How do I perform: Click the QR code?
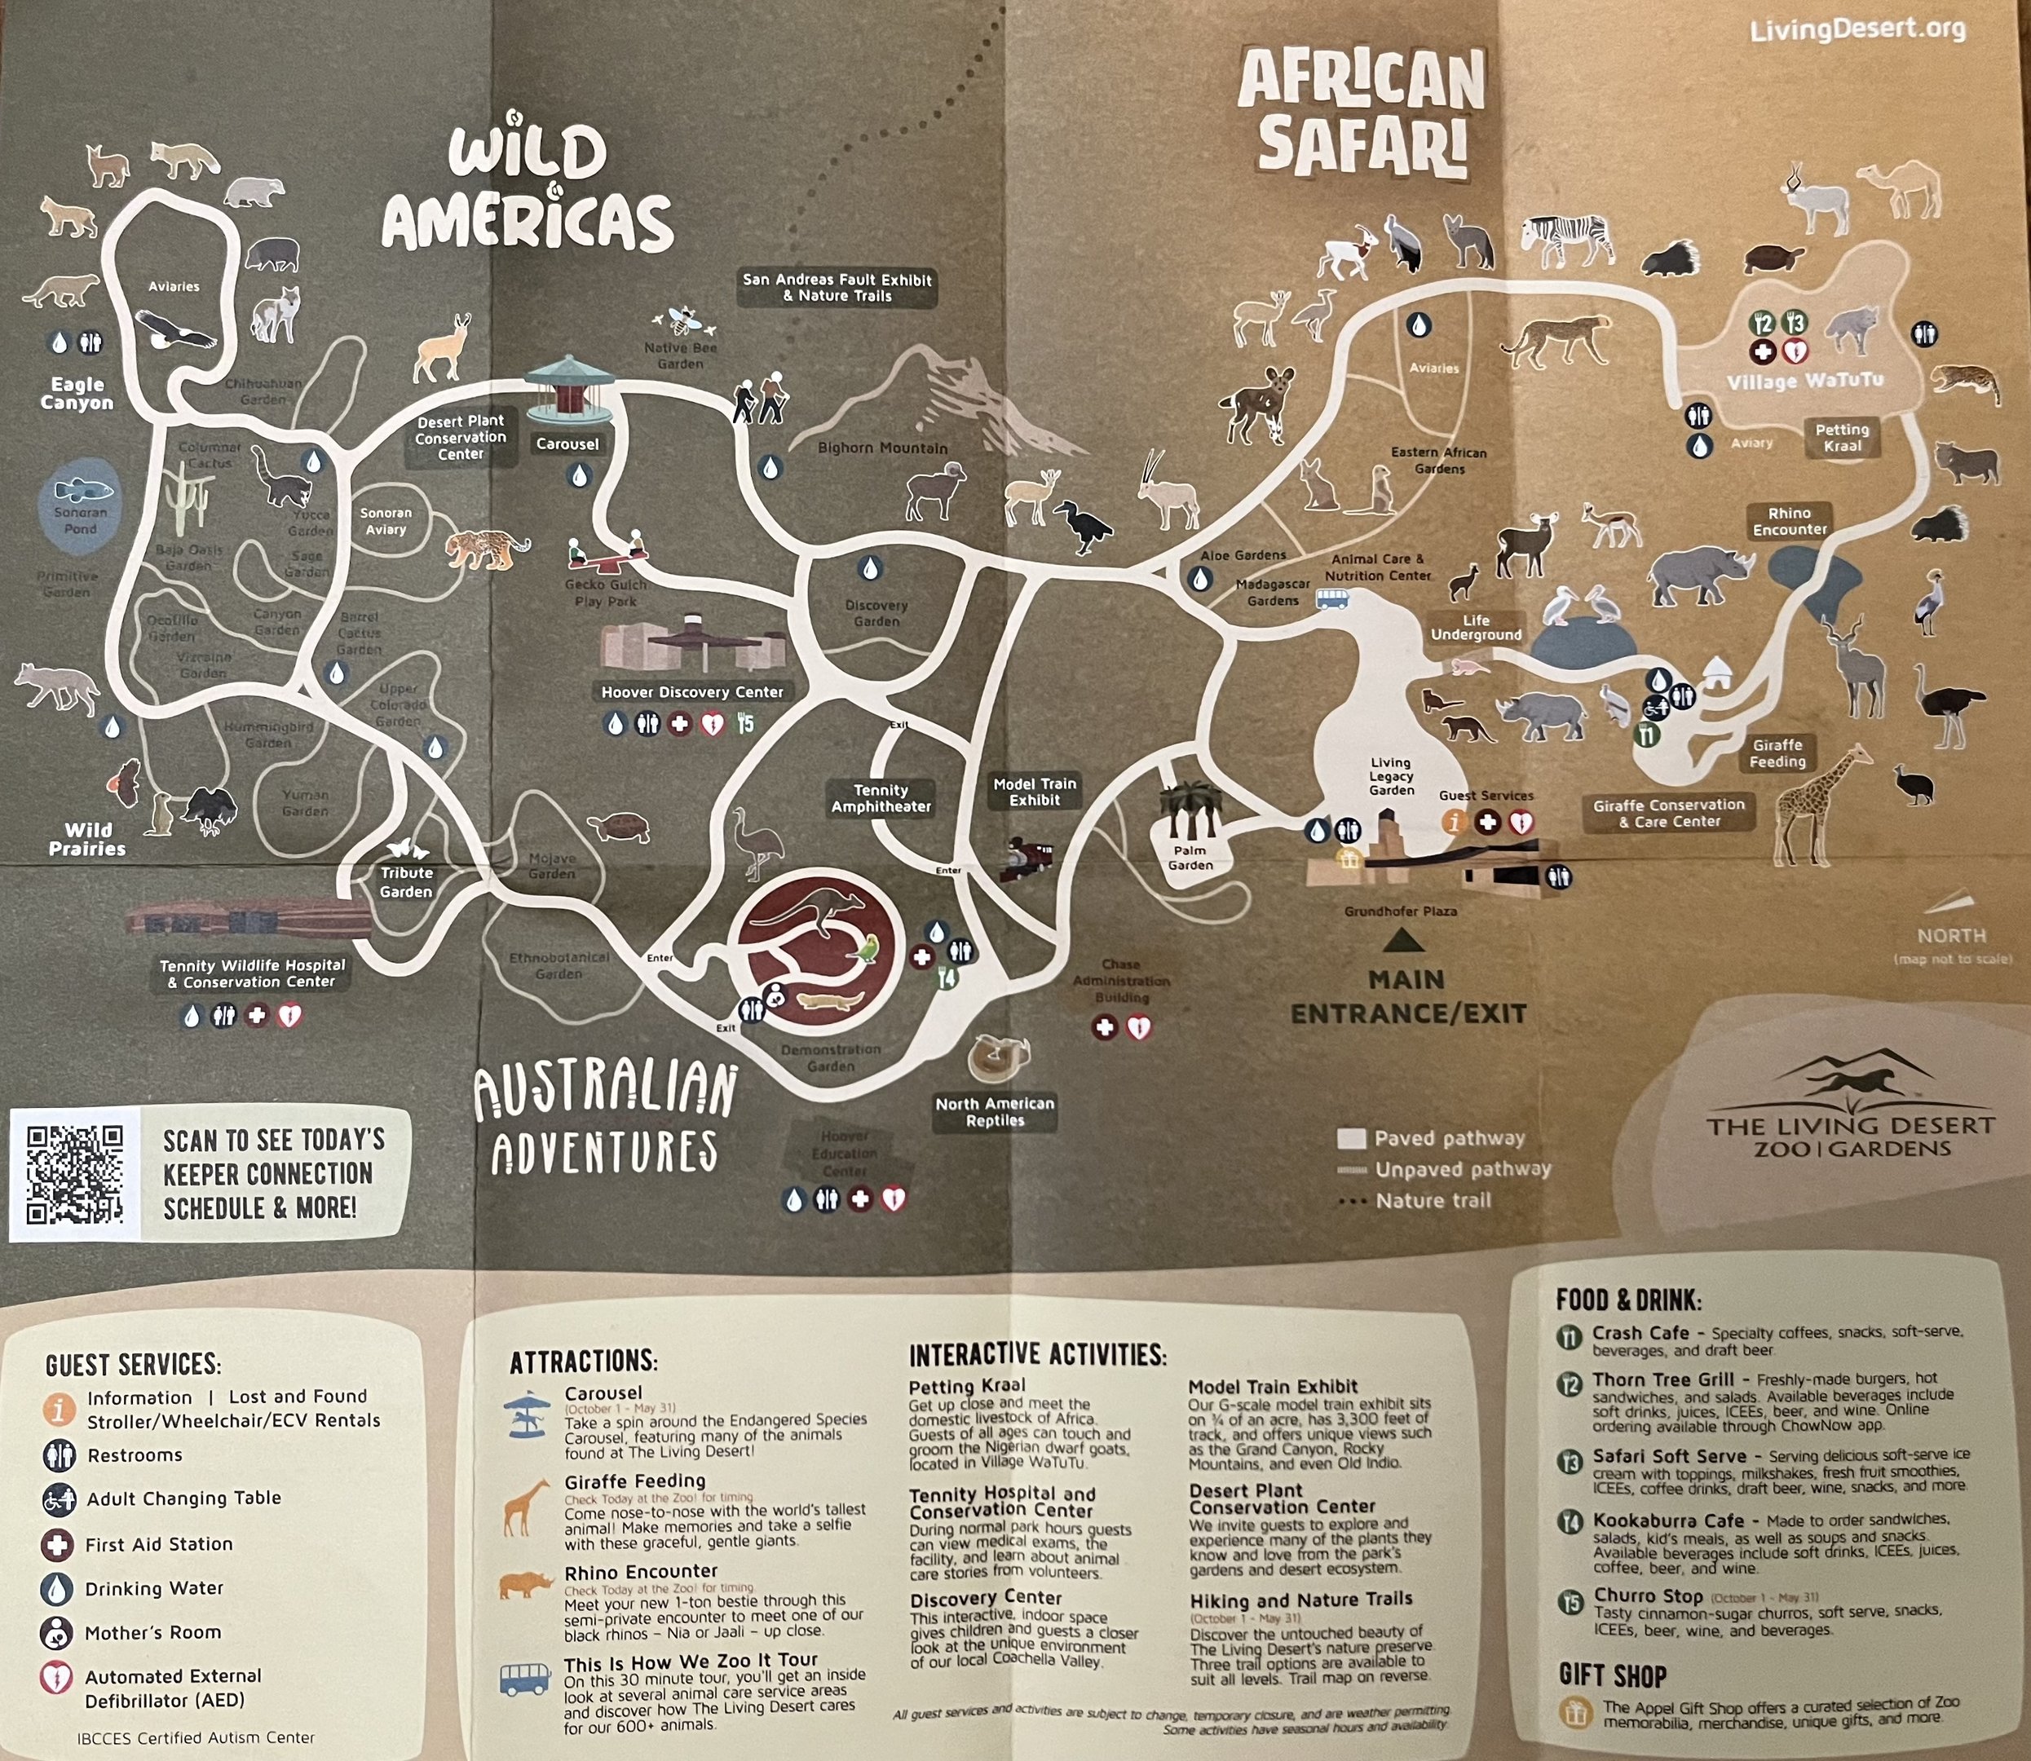pyautogui.click(x=76, y=1174)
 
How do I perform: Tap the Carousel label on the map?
pyautogui.click(x=567, y=444)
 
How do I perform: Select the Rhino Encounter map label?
pyautogui.click(x=1790, y=521)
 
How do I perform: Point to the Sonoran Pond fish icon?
pyautogui.click(x=82, y=489)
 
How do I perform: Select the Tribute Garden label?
pyautogui.click(x=406, y=881)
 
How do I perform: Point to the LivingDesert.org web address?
pyautogui.click(x=1858, y=29)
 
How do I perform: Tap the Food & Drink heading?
pyautogui.click(x=1628, y=1300)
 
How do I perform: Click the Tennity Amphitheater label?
pyautogui.click(x=881, y=798)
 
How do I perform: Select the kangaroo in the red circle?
pyautogui.click(x=806, y=914)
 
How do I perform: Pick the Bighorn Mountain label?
pyautogui.click(x=882, y=448)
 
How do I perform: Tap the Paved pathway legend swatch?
pyautogui.click(x=1351, y=1139)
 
